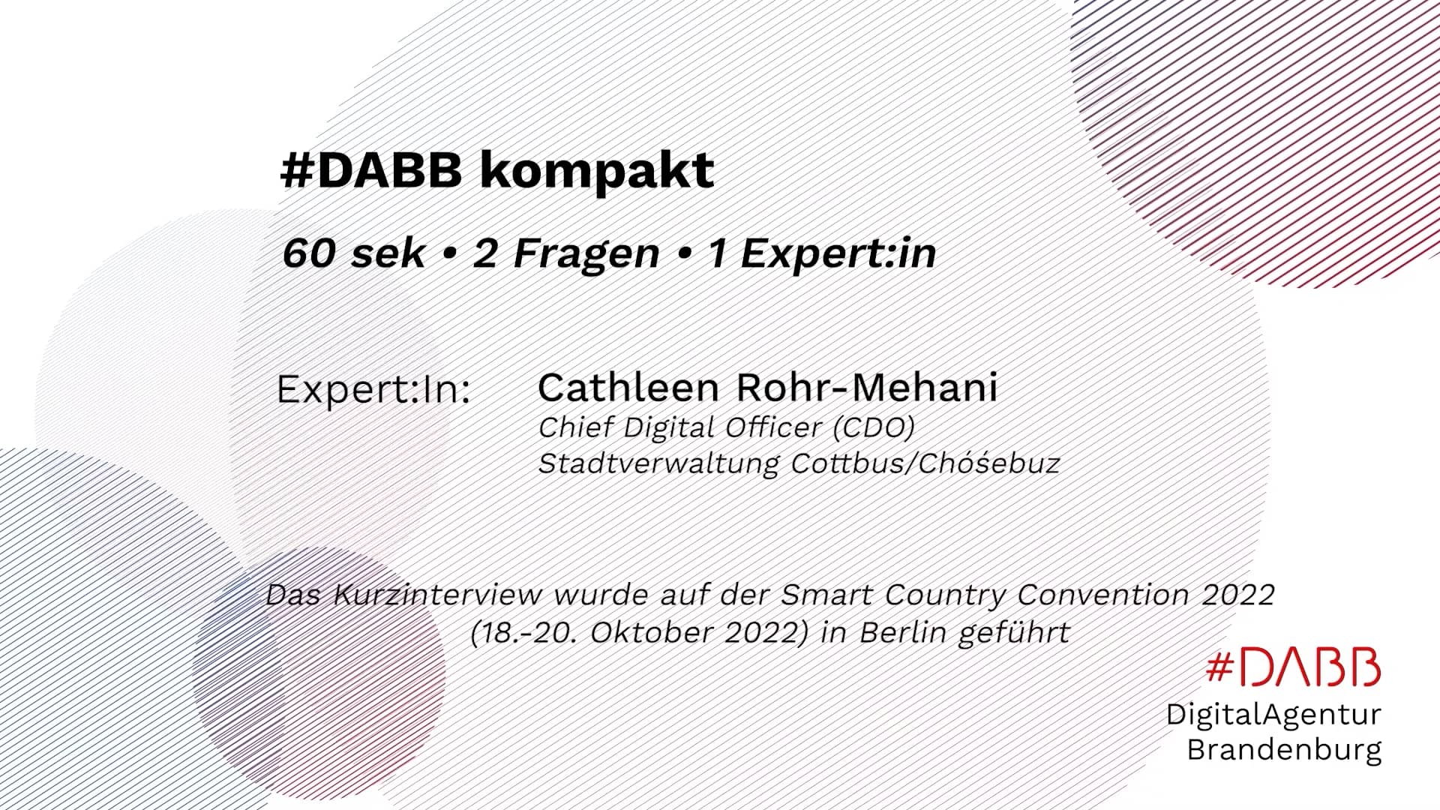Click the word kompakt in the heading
596,172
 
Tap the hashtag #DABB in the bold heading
371,172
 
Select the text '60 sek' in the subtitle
353,253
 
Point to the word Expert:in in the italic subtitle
838,253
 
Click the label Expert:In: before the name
373,390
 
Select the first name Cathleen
628,388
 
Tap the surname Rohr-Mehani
866,388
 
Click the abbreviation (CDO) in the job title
874,427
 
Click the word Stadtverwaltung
659,463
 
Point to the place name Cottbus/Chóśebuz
925,463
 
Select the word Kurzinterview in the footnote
437,595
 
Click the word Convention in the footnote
1103,595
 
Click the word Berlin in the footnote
903,633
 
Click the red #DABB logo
1293,667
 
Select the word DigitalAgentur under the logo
1273,714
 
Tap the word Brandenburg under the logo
1283,749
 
